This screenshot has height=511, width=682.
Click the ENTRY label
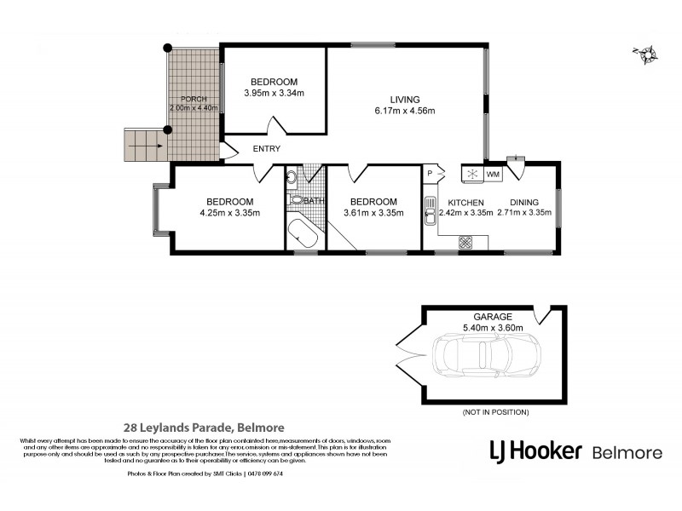(266, 149)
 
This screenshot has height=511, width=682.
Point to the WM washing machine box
(492, 175)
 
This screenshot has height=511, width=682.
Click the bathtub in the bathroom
(305, 234)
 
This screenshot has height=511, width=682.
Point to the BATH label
(315, 202)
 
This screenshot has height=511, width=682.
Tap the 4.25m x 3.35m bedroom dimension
(229, 213)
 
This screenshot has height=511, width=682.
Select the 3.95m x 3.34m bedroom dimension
(274, 93)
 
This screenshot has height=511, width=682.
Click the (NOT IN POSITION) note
(494, 412)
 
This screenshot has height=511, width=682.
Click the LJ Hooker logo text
(535, 451)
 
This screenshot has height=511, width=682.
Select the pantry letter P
(430, 172)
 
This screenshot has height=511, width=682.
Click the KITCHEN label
(465, 201)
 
